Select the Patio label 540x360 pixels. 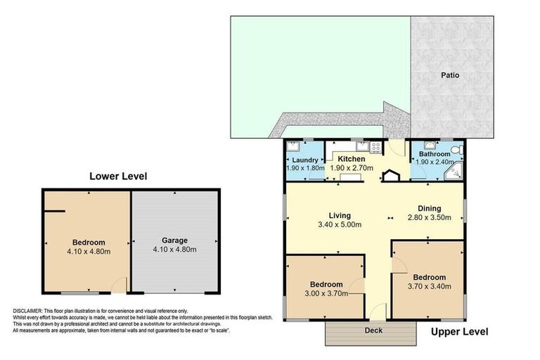click(x=450, y=75)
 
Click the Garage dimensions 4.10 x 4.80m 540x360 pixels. click(x=174, y=249)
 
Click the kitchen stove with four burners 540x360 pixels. click(x=375, y=147)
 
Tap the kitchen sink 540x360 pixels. click(x=362, y=147)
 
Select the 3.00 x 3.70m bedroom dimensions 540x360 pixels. click(x=326, y=293)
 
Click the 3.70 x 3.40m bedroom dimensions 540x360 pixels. click(x=429, y=286)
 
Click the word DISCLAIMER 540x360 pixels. click(x=27, y=311)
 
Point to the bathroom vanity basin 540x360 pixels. click(x=429, y=146)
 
